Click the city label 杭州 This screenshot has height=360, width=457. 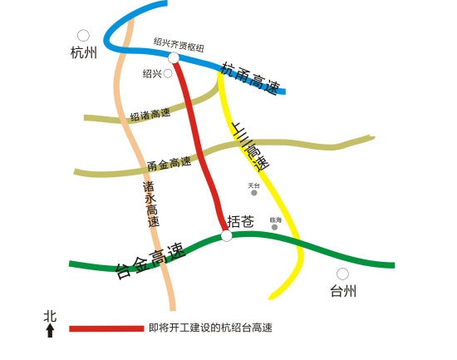tap(84, 53)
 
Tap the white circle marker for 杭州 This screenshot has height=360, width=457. tap(83, 36)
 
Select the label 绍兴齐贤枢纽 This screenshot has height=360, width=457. tap(179, 41)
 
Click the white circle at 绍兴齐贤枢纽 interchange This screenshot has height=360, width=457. tap(174, 57)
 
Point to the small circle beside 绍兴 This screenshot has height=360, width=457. tap(168, 73)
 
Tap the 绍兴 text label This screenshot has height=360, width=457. tap(152, 74)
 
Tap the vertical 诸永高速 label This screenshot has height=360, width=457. tap(150, 205)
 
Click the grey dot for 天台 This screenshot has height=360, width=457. tap(254, 193)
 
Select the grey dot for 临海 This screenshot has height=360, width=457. tap(275, 227)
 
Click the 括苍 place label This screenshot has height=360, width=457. tap(240, 221)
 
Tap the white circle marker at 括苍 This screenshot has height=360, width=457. tap(227, 236)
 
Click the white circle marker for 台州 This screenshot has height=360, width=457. tap(342, 274)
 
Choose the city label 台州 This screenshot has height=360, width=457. tap(343, 291)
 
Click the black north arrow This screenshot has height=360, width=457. tap(50, 330)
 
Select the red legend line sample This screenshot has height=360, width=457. tap(106, 328)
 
